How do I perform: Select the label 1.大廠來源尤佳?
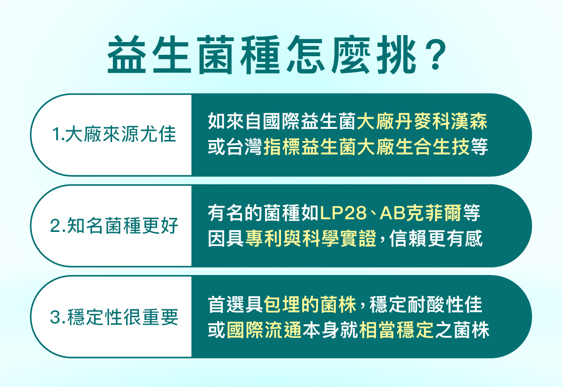pos(114,134)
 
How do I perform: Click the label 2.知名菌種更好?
pos(114,226)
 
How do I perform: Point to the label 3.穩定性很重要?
pos(114,317)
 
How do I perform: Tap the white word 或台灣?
pos(235,146)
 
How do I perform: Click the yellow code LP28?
pos(343,213)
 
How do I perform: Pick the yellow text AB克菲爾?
pos(421,213)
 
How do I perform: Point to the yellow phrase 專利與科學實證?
pos(311,238)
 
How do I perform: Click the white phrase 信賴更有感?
pos(436,238)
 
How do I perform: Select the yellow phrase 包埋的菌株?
pos(310,305)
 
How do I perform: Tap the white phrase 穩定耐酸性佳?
pos(426,305)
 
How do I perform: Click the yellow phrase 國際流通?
pos(264,329)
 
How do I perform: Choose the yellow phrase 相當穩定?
pos(396,329)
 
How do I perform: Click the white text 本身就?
pos(330,329)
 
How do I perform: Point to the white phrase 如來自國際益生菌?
pos(282,121)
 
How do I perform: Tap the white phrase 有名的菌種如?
pos(263,213)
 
